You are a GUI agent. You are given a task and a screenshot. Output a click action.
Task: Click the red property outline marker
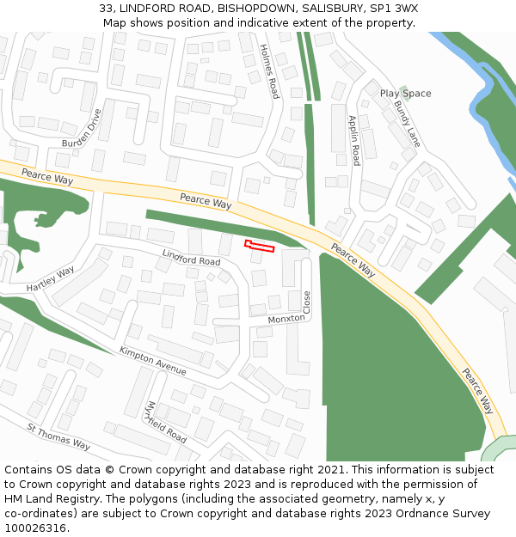[260, 247]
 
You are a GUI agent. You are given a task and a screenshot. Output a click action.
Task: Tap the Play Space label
[406, 94]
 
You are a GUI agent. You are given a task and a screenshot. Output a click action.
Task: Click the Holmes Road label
[269, 71]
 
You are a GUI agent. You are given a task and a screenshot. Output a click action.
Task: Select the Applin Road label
[353, 140]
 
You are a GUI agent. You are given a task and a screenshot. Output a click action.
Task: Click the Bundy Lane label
[407, 124]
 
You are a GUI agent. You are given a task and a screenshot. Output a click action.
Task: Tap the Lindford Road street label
[191, 256]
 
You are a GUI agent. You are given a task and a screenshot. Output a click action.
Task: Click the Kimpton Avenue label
[153, 361]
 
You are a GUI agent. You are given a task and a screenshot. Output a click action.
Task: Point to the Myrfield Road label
[166, 422]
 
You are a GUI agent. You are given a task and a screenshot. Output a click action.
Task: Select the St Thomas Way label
[58, 436]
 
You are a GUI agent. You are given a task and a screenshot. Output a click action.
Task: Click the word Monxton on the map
[286, 319]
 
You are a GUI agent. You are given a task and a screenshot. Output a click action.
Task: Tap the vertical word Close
[307, 302]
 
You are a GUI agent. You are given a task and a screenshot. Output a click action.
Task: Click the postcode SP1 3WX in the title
[389, 8]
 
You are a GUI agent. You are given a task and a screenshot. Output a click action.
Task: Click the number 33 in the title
[106, 8]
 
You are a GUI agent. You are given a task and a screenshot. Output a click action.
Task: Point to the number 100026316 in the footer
[35, 528]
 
